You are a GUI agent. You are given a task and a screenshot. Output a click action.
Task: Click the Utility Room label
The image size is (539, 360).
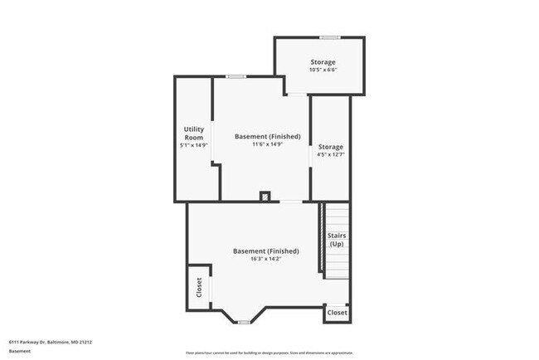coord(194,133)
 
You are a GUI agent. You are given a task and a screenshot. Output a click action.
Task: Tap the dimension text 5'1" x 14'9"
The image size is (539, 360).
coord(194,145)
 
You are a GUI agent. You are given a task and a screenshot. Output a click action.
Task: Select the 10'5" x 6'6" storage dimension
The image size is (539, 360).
coord(323,71)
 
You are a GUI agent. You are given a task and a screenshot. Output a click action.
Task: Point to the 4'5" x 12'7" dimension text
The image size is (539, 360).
coord(330,154)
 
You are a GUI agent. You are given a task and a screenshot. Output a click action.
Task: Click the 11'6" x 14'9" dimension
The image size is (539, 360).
coord(268,144)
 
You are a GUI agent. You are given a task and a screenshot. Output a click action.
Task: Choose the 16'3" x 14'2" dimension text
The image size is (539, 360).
coord(266,259)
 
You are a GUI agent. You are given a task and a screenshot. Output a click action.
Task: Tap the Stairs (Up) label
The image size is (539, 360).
coord(337,240)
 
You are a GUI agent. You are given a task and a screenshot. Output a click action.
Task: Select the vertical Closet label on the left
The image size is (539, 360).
coord(199,287)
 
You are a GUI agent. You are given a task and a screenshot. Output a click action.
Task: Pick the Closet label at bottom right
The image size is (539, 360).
coord(337,313)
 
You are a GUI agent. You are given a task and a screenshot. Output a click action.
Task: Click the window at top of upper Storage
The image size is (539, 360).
coord(330,36)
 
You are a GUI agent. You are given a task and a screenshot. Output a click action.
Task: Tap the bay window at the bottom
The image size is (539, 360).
coord(243,321)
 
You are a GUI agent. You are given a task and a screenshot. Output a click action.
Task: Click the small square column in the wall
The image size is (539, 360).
coord(265,197)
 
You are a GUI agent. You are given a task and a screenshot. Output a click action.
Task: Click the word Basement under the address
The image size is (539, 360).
coord(21,351)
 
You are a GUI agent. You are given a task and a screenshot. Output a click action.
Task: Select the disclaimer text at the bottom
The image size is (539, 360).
coord(269,351)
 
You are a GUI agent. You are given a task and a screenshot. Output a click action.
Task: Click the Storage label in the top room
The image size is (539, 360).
coord(323,62)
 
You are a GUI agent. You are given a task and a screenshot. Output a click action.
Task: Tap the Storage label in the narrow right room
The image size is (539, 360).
coord(330,147)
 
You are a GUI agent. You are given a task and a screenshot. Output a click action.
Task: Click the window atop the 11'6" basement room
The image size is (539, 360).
coord(236,77)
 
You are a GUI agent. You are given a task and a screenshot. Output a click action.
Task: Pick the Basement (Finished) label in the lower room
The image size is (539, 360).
coord(266,251)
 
